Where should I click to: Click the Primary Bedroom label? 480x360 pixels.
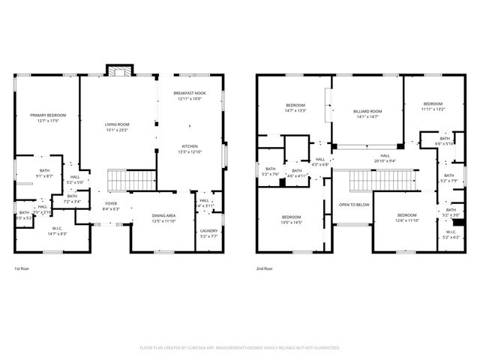tap(48, 115)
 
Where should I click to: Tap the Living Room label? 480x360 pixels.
tap(117, 124)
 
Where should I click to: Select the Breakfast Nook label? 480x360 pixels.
tap(190, 94)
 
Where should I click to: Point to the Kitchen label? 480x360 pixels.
tap(190, 146)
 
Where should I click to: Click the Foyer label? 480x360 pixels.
tap(110, 203)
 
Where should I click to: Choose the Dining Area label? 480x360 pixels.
tap(163, 215)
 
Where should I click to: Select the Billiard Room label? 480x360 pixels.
tap(367, 111)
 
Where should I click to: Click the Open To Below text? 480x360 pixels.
tap(353, 204)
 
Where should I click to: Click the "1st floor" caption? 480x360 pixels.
tap(22, 268)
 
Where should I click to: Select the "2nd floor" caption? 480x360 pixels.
tap(264, 268)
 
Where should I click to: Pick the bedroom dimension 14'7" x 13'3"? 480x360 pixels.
tap(295, 110)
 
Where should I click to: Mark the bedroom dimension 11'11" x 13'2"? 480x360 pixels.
tap(433, 109)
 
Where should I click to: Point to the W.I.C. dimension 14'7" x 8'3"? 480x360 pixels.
tap(57, 235)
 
